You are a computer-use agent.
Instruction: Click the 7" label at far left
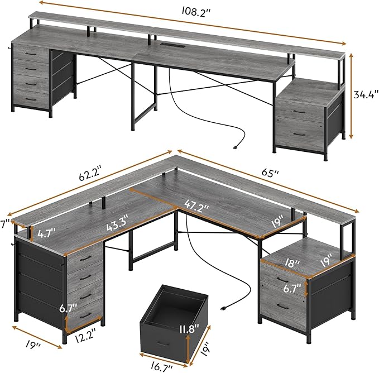5,224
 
